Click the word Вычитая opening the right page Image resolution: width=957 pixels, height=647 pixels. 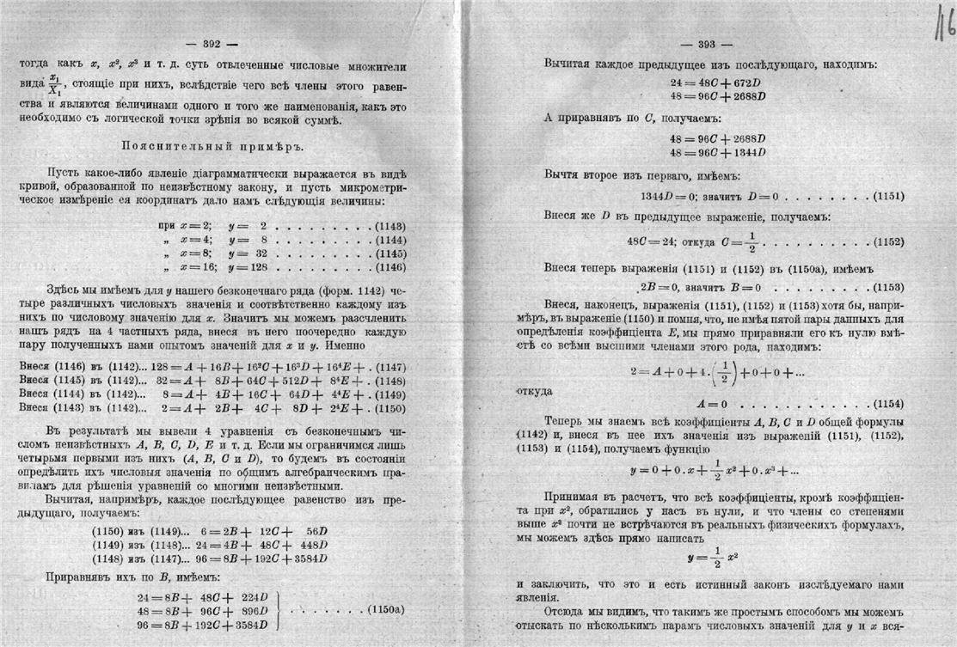tap(572, 64)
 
